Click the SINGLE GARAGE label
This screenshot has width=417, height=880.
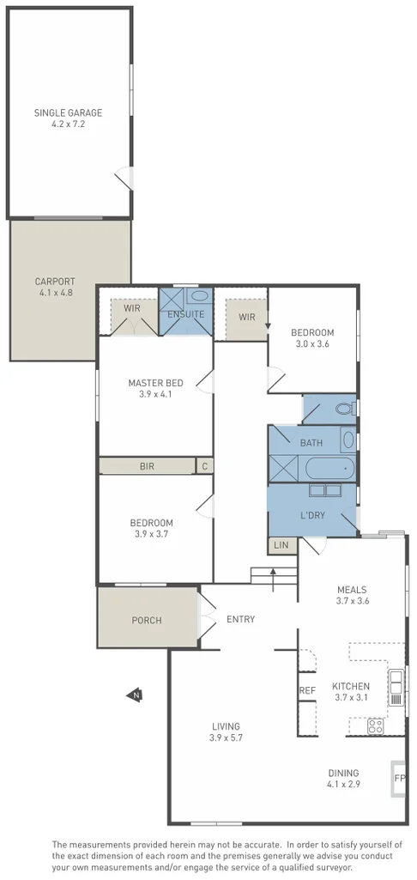click(x=68, y=112)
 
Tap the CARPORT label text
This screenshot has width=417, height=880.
click(x=54, y=281)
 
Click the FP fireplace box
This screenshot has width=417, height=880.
click(x=399, y=778)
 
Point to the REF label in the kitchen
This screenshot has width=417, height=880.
click(x=307, y=690)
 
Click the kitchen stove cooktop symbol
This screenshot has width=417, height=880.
click(x=375, y=725)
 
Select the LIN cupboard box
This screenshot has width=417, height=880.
click(x=280, y=545)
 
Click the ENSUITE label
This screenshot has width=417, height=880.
click(x=185, y=314)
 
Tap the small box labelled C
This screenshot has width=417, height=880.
click(x=204, y=467)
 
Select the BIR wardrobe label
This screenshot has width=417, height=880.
click(x=147, y=467)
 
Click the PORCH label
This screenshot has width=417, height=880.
click(x=147, y=620)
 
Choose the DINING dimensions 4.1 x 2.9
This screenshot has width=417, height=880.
click(x=342, y=784)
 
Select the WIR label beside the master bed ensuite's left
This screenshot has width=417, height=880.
click(x=131, y=308)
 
